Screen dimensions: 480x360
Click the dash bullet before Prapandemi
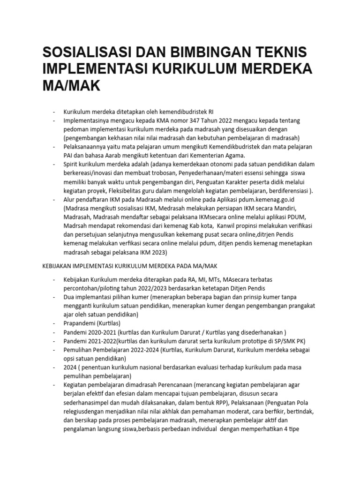click(55, 323)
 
